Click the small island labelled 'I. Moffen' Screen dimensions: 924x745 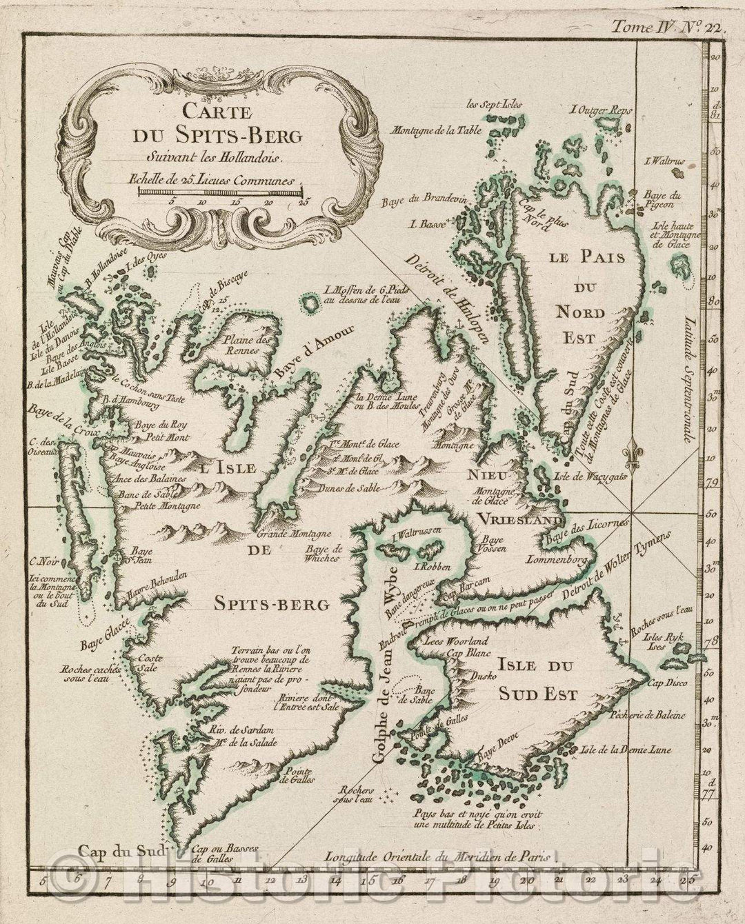[x=310, y=302]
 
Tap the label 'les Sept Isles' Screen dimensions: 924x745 [x=495, y=105]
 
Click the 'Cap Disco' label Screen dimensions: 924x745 [x=667, y=683]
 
